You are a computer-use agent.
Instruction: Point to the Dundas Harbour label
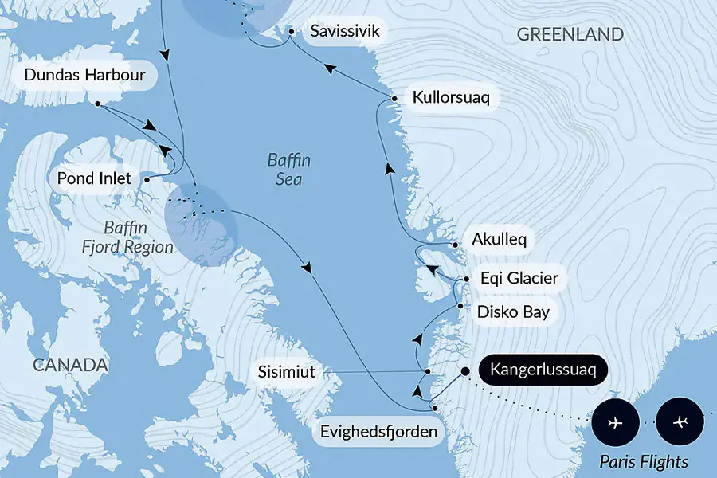(85, 76)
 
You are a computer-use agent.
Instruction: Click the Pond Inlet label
(94, 178)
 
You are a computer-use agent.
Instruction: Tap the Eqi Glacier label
(519, 280)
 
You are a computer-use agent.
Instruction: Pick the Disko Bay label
(513, 311)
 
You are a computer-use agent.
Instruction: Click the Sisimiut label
(287, 372)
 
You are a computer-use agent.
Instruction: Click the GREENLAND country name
(570, 34)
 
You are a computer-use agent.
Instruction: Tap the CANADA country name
(70, 365)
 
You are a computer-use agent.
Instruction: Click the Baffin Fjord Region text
(127, 237)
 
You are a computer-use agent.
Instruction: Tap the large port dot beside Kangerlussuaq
(464, 370)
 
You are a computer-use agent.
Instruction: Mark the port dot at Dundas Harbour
(97, 104)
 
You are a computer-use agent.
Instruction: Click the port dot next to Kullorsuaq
(394, 99)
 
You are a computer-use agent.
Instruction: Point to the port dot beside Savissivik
(292, 32)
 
